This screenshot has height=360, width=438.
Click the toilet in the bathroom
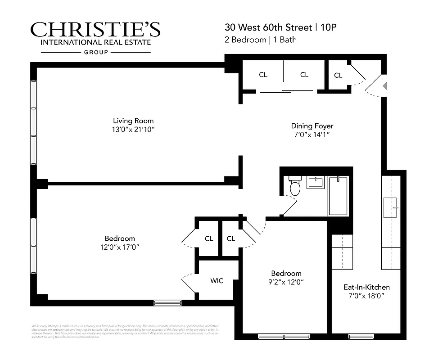(x=295, y=187)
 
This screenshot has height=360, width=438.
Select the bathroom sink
(x=315, y=183)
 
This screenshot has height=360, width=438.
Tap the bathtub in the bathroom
(x=338, y=195)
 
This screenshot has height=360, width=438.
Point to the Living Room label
(x=133, y=121)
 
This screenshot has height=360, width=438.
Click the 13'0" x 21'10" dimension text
(x=133, y=130)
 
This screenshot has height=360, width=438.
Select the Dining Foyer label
(x=312, y=126)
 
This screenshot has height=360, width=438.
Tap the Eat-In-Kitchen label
(x=366, y=287)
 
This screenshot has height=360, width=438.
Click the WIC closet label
(x=217, y=281)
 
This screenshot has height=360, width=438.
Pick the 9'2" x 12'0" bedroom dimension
(x=286, y=283)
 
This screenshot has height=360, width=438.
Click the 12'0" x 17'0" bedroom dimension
(x=120, y=247)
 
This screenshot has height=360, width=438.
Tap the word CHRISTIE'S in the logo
(x=95, y=30)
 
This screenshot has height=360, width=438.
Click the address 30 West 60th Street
(x=269, y=27)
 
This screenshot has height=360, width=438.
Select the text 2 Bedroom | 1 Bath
(x=261, y=40)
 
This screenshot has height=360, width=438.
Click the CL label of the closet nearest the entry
(x=338, y=76)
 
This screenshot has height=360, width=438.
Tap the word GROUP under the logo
(x=96, y=52)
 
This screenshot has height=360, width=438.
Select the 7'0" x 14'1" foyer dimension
(x=312, y=135)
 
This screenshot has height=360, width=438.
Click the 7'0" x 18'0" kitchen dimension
(x=366, y=296)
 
